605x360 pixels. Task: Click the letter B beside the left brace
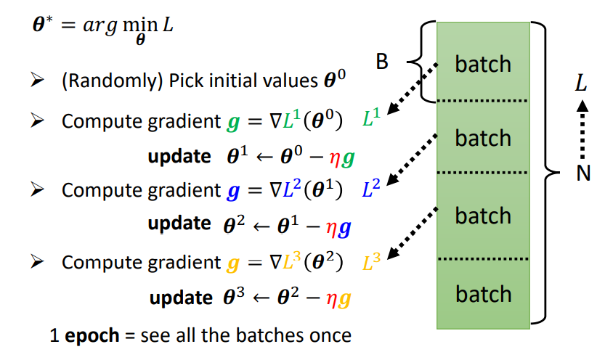point(382,63)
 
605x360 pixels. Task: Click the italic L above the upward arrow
point(581,83)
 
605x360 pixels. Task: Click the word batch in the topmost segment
point(483,64)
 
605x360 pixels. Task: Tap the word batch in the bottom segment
point(483,294)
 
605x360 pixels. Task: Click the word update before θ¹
point(179,155)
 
